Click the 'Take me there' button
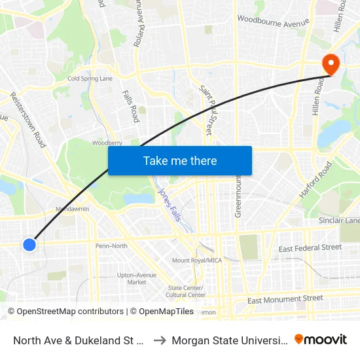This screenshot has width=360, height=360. (x=180, y=161)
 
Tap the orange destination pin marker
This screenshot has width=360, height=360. (x=331, y=64)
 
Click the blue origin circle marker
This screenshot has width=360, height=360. (x=29, y=245)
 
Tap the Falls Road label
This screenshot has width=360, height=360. (x=131, y=106)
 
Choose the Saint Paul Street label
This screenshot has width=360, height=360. (x=206, y=109)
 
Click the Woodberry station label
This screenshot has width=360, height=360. (x=107, y=143)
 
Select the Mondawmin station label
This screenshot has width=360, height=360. (x=73, y=209)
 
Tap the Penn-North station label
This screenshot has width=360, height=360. (x=111, y=246)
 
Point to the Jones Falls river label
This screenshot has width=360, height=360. (x=168, y=205)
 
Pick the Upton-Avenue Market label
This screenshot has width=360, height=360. (x=137, y=278)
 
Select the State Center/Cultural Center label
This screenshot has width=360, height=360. (x=187, y=291)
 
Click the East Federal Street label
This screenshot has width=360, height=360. (x=310, y=248)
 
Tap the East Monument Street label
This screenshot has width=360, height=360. (x=285, y=299)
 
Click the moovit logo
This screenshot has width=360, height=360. (x=321, y=340)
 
